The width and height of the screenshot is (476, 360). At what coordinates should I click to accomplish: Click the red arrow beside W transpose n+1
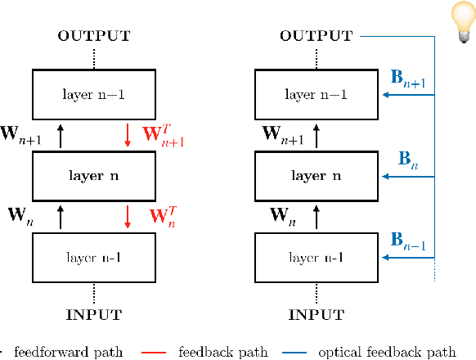point(128,134)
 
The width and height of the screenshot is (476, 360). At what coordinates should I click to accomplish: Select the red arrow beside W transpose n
point(128,217)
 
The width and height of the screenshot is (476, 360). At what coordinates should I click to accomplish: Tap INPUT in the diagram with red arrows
point(93,314)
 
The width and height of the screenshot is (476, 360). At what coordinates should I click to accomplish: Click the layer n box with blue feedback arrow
point(315,175)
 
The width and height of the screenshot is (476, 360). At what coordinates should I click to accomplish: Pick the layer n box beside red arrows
point(93,175)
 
